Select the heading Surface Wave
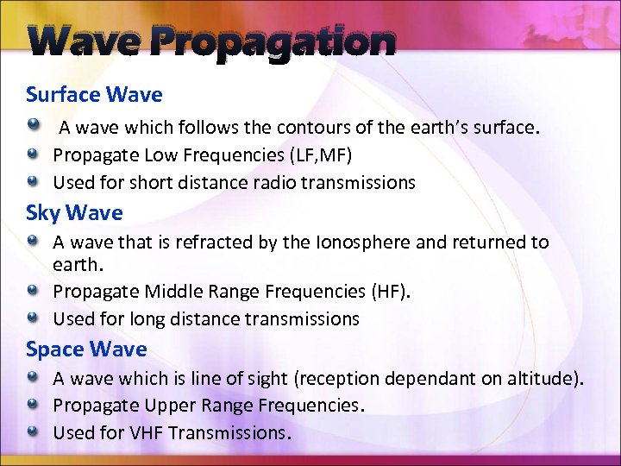94,94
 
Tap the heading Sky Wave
75,212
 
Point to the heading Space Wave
86,349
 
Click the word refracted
206,242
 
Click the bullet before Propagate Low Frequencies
32,155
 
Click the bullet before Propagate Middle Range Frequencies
32,292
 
